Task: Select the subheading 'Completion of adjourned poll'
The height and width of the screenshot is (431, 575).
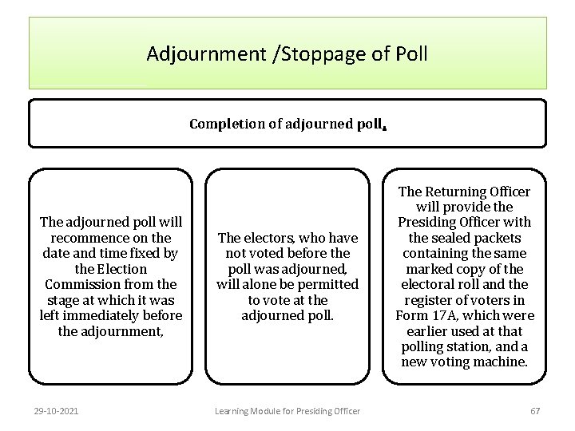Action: tap(287, 124)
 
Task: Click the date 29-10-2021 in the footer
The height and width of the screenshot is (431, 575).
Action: tap(56, 411)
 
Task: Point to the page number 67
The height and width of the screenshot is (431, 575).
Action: tap(535, 411)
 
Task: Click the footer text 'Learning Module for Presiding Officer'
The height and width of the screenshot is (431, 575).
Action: tap(287, 411)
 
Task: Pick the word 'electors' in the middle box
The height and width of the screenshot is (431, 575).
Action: tap(272, 238)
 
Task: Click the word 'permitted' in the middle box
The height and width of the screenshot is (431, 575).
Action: tap(323, 284)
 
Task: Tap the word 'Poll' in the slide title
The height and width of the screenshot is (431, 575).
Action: tap(409, 54)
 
